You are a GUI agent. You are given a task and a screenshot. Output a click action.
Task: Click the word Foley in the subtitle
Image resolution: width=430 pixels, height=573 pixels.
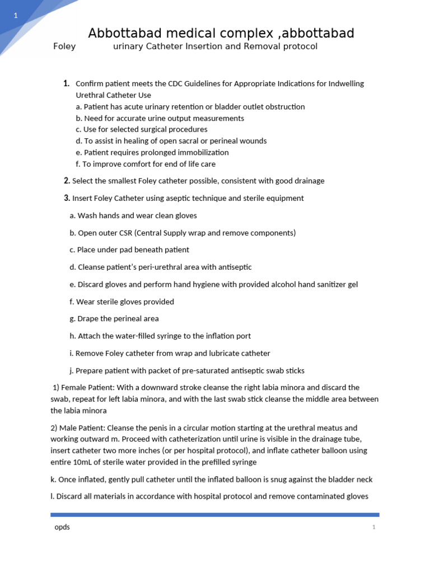[64, 46]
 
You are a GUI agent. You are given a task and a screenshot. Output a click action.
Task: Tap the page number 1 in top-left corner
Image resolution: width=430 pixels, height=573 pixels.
[16, 16]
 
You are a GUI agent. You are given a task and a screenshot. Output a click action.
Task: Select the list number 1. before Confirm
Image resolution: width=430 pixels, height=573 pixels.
[67, 83]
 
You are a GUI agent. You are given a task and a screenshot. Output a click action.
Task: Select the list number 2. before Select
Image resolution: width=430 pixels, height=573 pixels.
[67, 181]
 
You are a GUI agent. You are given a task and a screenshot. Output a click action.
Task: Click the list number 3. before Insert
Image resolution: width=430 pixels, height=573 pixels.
[67, 198]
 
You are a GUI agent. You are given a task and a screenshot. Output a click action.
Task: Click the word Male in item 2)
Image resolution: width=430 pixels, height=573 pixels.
[69, 428]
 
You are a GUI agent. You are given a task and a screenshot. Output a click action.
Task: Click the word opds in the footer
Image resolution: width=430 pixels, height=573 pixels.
[62, 527]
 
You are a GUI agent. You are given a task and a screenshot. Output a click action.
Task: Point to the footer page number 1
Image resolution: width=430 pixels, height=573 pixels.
[373, 528]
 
